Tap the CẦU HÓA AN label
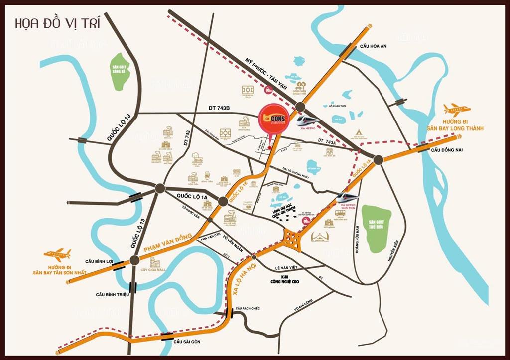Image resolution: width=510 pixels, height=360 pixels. (x=373, y=46)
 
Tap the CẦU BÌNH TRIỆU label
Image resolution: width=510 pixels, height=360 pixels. (x=113, y=294)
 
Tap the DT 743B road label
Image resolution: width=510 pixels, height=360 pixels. (x=215, y=108)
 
